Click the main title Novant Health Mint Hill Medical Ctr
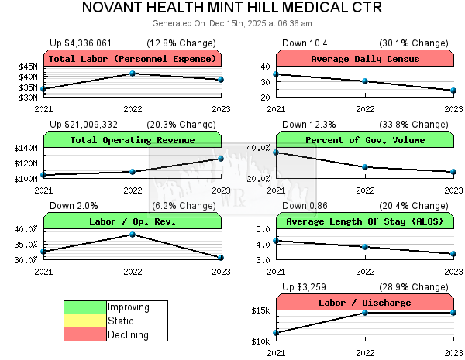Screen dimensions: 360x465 click(x=232, y=9)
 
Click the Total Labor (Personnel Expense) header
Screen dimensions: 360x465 click(x=133, y=59)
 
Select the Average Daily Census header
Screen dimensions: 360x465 click(x=365, y=59)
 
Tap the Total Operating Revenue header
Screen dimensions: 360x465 click(x=133, y=140)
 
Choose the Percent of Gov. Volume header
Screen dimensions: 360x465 click(x=365, y=140)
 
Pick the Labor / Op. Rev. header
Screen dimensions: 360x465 click(x=133, y=221)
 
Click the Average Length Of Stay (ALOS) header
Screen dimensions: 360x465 click(x=365, y=221)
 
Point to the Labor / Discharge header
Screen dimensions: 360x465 click(x=365, y=303)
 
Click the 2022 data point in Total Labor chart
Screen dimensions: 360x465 click(x=133, y=74)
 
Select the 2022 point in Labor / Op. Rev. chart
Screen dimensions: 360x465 click(x=133, y=234)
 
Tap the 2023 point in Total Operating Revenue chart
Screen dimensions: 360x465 click(x=221, y=159)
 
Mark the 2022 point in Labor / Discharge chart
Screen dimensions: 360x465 click(x=365, y=312)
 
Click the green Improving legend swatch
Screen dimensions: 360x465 click(x=85, y=307)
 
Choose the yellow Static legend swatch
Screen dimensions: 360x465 click(x=85, y=321)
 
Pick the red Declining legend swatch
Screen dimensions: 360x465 click(x=85, y=334)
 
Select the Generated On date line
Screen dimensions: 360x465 click(x=232, y=24)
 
